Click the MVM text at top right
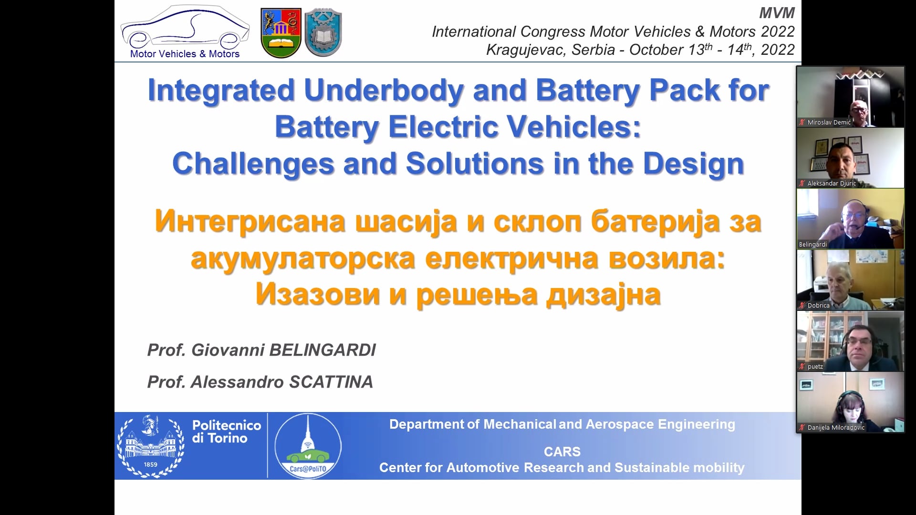[777, 13]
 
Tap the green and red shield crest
[281, 33]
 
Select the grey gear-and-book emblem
[323, 33]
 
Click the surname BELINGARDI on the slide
[323, 350]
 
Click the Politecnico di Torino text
[227, 432]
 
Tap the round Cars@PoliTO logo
[308, 445]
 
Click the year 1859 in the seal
[150, 464]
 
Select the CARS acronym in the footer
[562, 452]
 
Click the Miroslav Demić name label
[829, 123]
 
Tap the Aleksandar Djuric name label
[832, 184]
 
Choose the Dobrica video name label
[818, 306]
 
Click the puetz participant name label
[815, 367]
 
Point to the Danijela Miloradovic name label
[836, 428]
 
